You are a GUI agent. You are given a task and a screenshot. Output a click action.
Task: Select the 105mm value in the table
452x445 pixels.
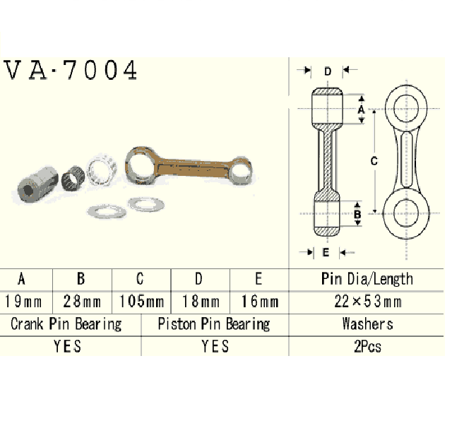click(142, 302)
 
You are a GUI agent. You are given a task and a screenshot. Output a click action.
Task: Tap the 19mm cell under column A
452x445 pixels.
click(24, 302)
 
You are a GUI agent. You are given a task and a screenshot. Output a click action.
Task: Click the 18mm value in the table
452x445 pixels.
click(200, 302)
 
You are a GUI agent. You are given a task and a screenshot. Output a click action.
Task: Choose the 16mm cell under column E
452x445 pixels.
click(258, 302)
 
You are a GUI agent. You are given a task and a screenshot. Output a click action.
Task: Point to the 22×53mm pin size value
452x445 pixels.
click(367, 302)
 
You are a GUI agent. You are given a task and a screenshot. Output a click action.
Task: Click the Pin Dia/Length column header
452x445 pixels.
click(367, 278)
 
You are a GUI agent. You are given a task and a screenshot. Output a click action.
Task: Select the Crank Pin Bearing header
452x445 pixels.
click(66, 324)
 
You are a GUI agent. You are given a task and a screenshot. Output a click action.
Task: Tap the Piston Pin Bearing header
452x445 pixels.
click(214, 324)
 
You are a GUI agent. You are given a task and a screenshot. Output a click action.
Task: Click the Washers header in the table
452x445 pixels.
click(367, 324)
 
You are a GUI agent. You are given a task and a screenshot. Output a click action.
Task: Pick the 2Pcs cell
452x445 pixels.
click(367, 346)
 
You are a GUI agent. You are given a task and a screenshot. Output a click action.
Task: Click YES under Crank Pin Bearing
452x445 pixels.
click(66, 346)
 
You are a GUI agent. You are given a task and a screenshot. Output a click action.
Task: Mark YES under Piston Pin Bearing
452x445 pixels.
click(214, 346)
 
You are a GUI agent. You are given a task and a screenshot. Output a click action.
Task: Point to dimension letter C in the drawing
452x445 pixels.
click(374, 161)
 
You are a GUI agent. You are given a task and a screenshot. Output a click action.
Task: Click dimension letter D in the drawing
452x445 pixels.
click(327, 71)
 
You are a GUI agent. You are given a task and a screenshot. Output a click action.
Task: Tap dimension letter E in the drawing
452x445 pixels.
click(326, 251)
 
